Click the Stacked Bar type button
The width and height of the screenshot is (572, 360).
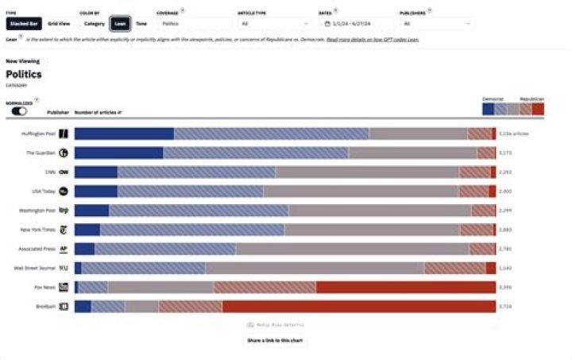(x=18, y=24)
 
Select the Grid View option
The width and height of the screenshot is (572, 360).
(x=59, y=24)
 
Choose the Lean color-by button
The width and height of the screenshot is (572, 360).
(x=120, y=24)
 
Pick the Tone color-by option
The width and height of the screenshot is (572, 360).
(x=141, y=24)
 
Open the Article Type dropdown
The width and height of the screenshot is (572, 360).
(x=275, y=24)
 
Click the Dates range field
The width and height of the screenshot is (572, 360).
(x=354, y=24)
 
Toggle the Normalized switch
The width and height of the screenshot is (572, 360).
(x=19, y=111)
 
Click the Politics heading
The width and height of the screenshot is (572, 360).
(x=23, y=73)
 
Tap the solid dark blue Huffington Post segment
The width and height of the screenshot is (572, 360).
(x=124, y=134)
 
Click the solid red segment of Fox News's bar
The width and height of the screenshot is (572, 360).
(x=406, y=287)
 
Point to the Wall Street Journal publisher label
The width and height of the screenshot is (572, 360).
(x=37, y=268)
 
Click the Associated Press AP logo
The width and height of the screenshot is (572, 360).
(x=64, y=249)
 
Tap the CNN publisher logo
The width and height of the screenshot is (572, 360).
(x=64, y=172)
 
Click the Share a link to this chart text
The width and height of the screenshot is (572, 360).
(x=275, y=340)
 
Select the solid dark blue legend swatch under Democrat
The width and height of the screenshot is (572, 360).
(x=488, y=109)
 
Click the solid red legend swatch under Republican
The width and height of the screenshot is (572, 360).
(x=539, y=109)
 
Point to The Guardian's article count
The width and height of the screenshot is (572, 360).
(x=505, y=153)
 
